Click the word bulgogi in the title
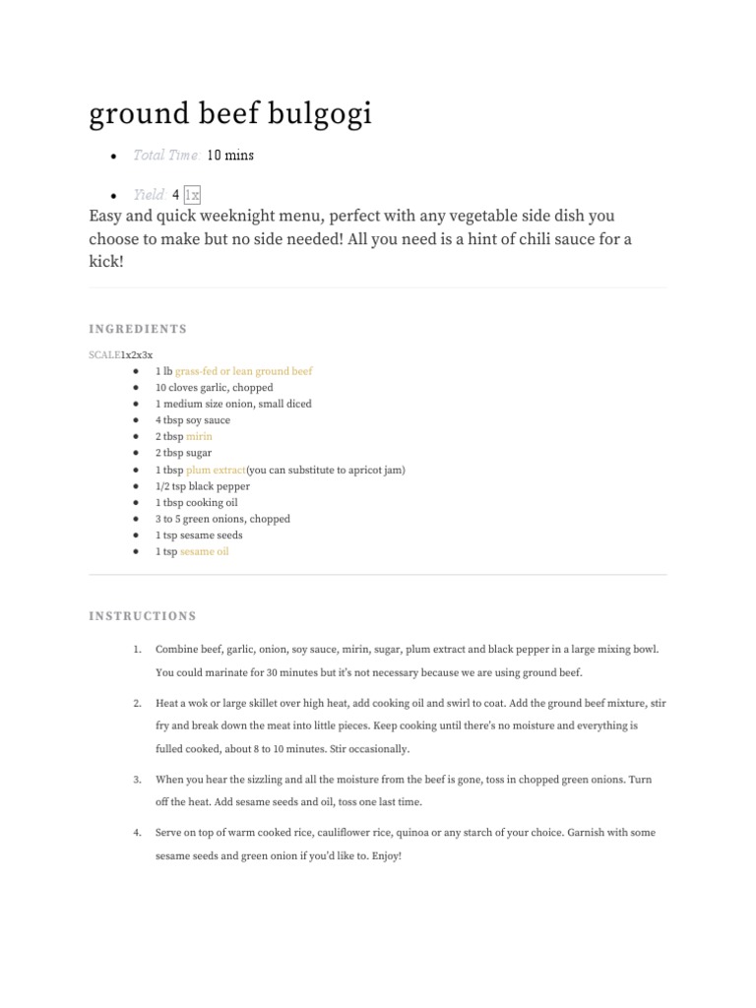pos(318,115)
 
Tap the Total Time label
pos(165,156)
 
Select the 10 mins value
pos(230,156)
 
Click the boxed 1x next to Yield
pos(192,195)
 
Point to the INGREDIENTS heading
pos(138,329)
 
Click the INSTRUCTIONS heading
pos(143,616)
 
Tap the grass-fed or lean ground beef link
pos(244,371)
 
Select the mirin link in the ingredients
pos(199,436)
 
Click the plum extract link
pos(216,470)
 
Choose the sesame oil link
pos(204,551)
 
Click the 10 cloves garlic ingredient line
pos(214,388)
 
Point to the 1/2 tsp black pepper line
pos(202,486)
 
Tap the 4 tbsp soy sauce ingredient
pos(192,420)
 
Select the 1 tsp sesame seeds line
pos(199,535)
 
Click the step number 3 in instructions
pos(137,780)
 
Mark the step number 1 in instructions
pos(137,650)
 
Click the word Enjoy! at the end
pos(388,856)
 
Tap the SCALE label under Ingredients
pos(104,354)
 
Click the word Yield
pos(149,195)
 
